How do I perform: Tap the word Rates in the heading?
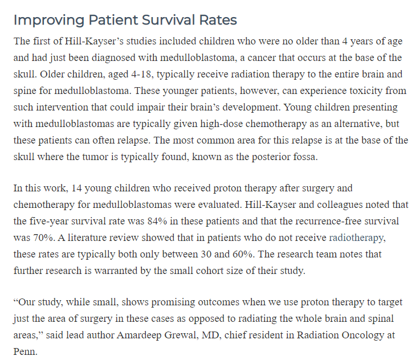(217, 20)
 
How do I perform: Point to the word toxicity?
(335, 91)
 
